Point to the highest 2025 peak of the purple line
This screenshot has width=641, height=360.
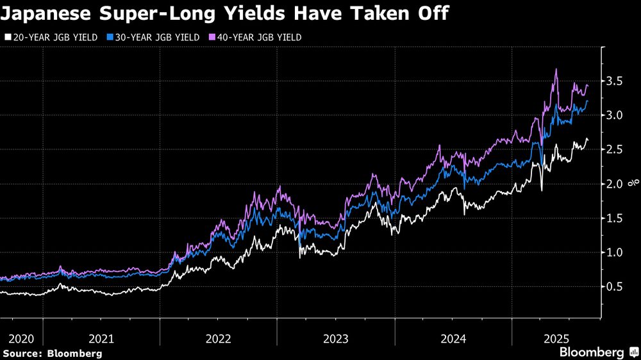556,69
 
